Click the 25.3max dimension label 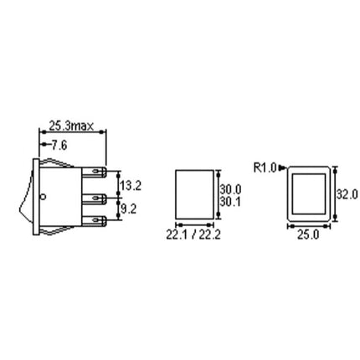click(71, 126)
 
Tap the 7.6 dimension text click(59, 146)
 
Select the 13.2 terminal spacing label click(131, 186)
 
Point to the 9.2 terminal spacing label click(129, 208)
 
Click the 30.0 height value click(230, 189)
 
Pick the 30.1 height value click(230, 202)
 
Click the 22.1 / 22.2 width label click(193, 234)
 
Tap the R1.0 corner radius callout click(265, 168)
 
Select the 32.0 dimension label click(347, 194)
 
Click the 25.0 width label click(308, 235)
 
